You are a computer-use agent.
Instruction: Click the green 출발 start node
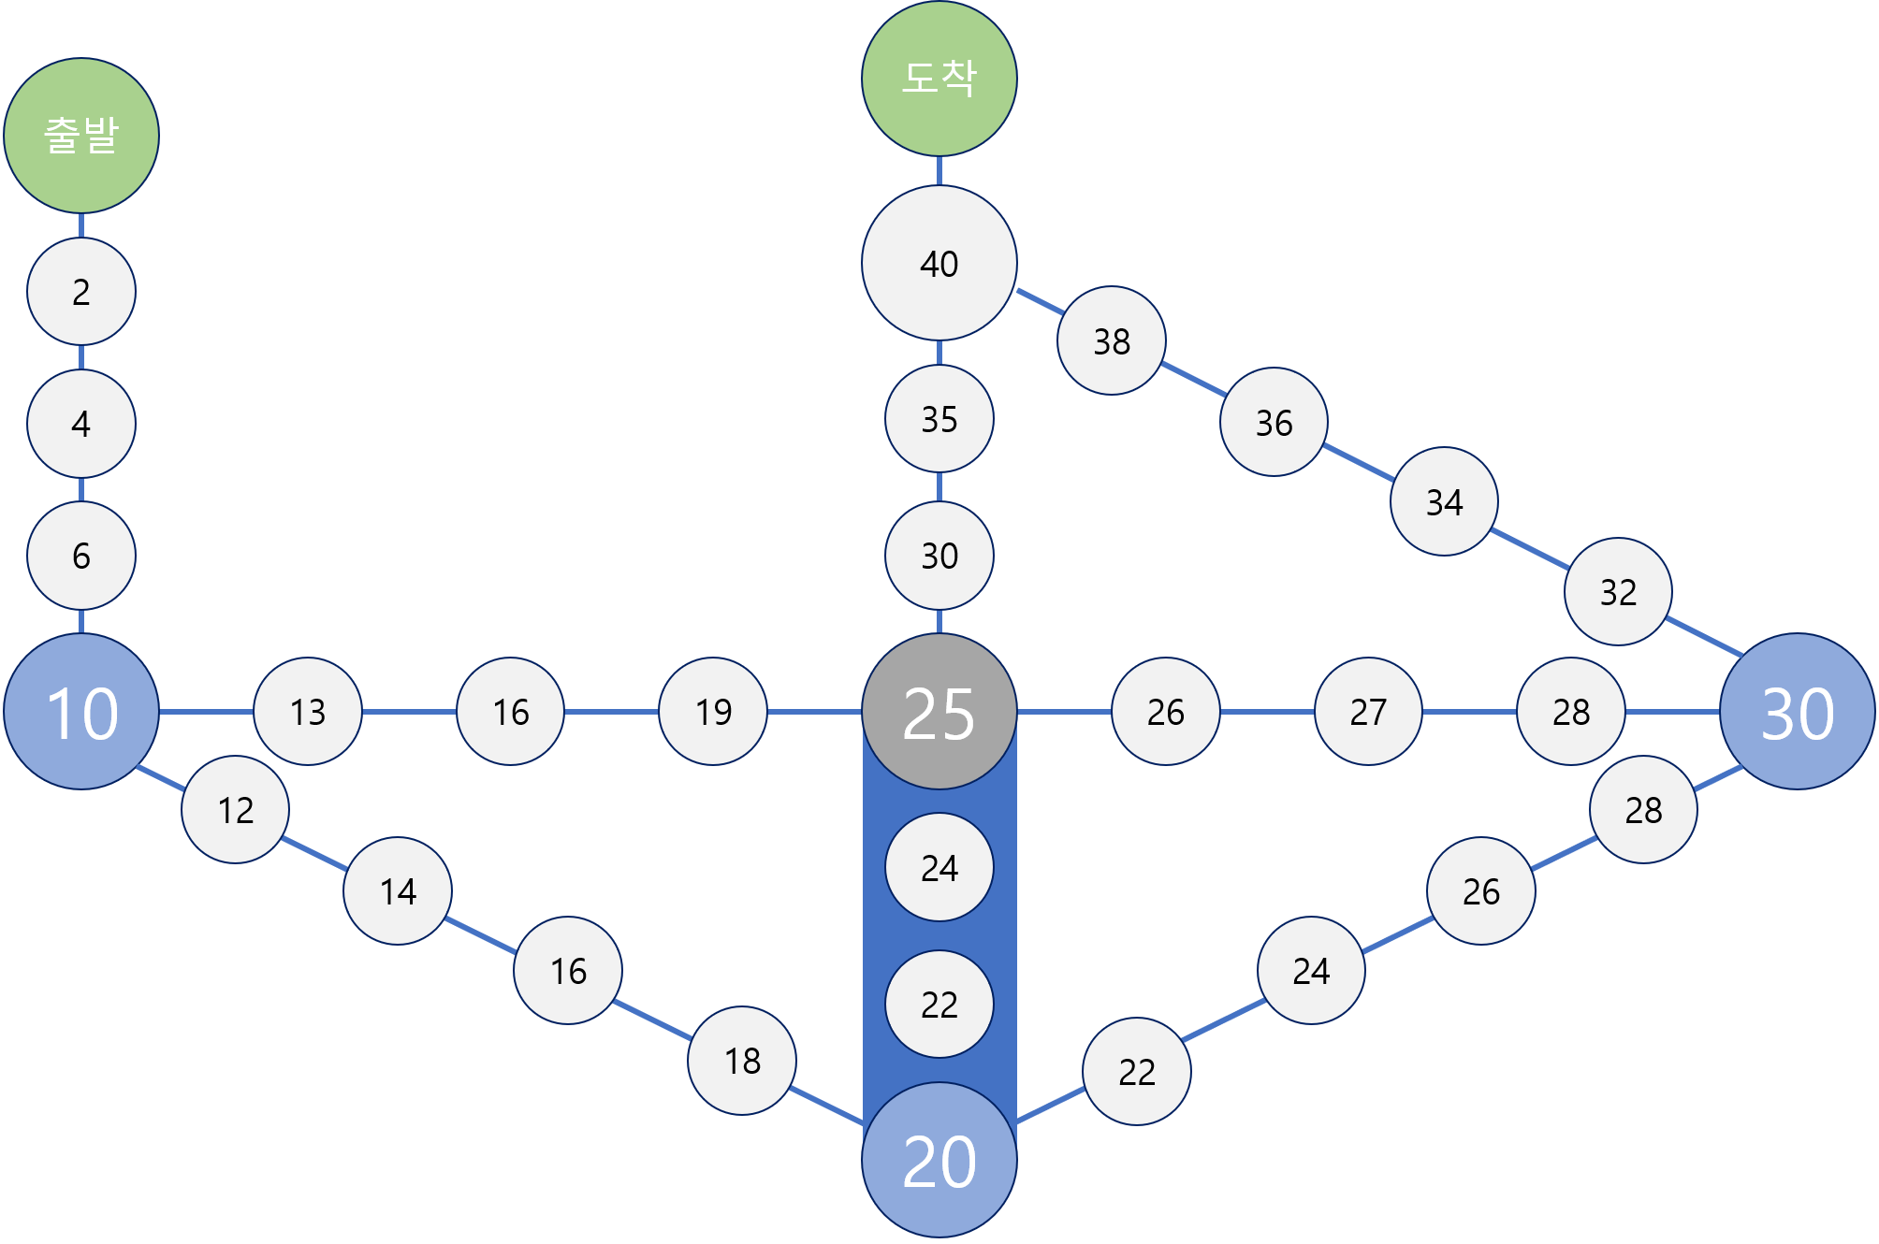[81, 136]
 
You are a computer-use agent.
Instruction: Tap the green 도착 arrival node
[939, 79]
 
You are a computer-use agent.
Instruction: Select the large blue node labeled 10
[81, 712]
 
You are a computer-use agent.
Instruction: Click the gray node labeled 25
[939, 712]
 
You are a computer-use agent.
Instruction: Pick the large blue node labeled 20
[939, 1161]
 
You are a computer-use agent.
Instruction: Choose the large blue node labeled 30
[1797, 712]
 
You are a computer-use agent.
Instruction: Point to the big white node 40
[939, 263]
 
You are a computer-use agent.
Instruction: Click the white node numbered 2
[81, 292]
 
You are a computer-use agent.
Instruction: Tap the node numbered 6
[81, 556]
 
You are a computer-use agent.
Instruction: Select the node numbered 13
[308, 712]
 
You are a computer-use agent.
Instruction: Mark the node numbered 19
[713, 712]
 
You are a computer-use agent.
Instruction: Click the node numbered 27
[1368, 712]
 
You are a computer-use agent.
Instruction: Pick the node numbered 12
[236, 810]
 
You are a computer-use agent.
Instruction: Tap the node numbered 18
[742, 1061]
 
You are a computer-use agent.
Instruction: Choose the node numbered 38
[1112, 341]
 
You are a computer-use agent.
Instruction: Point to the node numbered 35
[939, 419]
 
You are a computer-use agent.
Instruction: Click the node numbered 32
[1618, 592]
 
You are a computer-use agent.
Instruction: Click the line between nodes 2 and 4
[81, 357]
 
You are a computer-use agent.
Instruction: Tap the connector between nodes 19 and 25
[814, 712]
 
